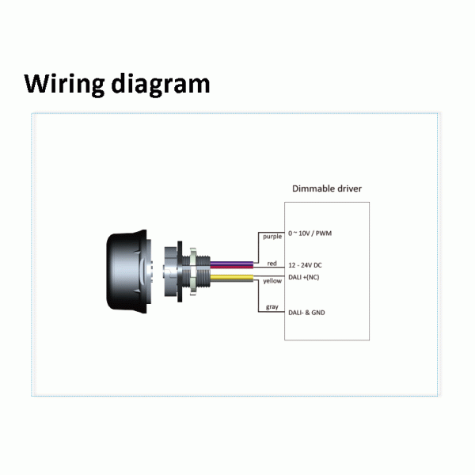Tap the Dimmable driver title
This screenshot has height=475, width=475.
327,188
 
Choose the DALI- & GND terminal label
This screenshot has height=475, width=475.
307,313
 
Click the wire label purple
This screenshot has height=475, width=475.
272,237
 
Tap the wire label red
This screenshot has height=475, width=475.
272,263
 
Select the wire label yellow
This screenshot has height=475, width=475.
272,281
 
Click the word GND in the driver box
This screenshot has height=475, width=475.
317,313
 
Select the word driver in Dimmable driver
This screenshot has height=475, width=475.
345,188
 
